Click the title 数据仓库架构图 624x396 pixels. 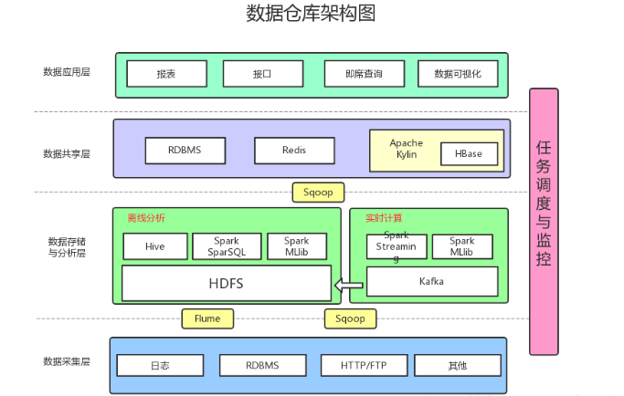coord(311,13)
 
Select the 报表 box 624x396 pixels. coord(167,74)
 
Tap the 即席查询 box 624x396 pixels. coord(365,74)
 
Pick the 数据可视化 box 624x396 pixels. coord(458,74)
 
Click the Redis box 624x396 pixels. coord(294,151)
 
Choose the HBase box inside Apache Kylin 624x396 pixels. coord(470,154)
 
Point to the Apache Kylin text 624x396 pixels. coord(407,149)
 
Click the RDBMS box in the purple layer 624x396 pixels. coord(185,151)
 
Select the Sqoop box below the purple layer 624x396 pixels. coord(318,193)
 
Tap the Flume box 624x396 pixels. coord(207,318)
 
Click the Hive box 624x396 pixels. coord(155,246)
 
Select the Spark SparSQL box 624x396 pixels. coord(227,246)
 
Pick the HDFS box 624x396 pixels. coord(227,284)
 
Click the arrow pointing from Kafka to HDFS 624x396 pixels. coord(349,285)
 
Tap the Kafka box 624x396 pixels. coord(432,282)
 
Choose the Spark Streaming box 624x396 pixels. coord(397,246)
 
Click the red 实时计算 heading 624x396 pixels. coord(384,218)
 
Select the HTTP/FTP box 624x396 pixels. coord(365,365)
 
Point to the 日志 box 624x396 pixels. coord(161,365)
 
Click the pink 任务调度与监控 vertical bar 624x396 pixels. coord(544,222)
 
